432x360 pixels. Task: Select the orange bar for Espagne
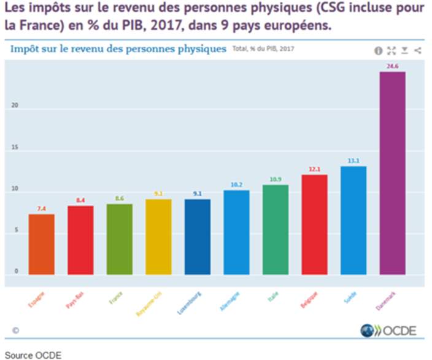pyautogui.click(x=42, y=245)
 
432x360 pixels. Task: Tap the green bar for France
pyautogui.click(x=120, y=240)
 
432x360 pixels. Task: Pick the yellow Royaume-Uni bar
pyautogui.click(x=158, y=237)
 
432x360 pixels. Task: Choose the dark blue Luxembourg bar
pyautogui.click(x=198, y=237)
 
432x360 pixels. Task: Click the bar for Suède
pyautogui.click(x=353, y=221)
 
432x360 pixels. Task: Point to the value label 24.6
pyautogui.click(x=393, y=66)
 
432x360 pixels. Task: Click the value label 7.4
pyautogui.click(x=42, y=209)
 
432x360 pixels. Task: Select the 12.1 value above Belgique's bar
pyautogui.click(x=314, y=169)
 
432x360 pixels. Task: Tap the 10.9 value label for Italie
pyautogui.click(x=276, y=179)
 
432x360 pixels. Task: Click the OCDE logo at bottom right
pyautogui.click(x=387, y=331)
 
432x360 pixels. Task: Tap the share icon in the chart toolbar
pyautogui.click(x=417, y=50)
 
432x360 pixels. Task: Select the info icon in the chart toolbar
pyautogui.click(x=379, y=50)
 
